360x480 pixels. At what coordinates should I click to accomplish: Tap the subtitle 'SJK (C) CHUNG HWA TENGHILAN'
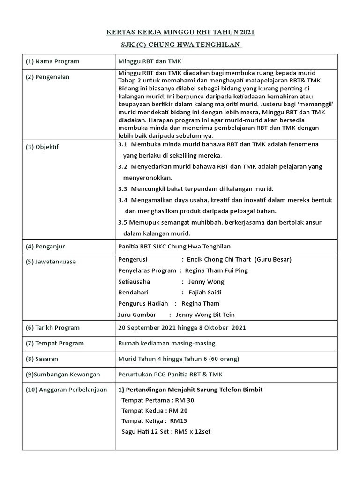point(180,45)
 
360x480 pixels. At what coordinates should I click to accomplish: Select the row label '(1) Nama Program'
point(52,61)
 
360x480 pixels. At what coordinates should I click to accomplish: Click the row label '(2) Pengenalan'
point(49,77)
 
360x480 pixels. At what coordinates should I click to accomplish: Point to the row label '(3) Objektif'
point(45,147)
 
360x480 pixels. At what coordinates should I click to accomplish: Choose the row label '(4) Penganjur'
point(48,247)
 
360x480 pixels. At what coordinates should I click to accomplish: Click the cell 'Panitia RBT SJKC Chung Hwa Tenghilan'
point(174,247)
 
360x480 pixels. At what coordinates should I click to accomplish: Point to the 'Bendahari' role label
point(133,292)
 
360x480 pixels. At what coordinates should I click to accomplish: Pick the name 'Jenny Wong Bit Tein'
point(202,315)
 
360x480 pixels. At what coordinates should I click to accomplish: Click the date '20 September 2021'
point(147,328)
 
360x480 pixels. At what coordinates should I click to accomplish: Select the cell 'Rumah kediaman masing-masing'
point(166,343)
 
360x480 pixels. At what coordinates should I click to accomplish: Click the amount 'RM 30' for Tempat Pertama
point(184,400)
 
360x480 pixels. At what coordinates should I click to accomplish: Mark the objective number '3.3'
point(123,189)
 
